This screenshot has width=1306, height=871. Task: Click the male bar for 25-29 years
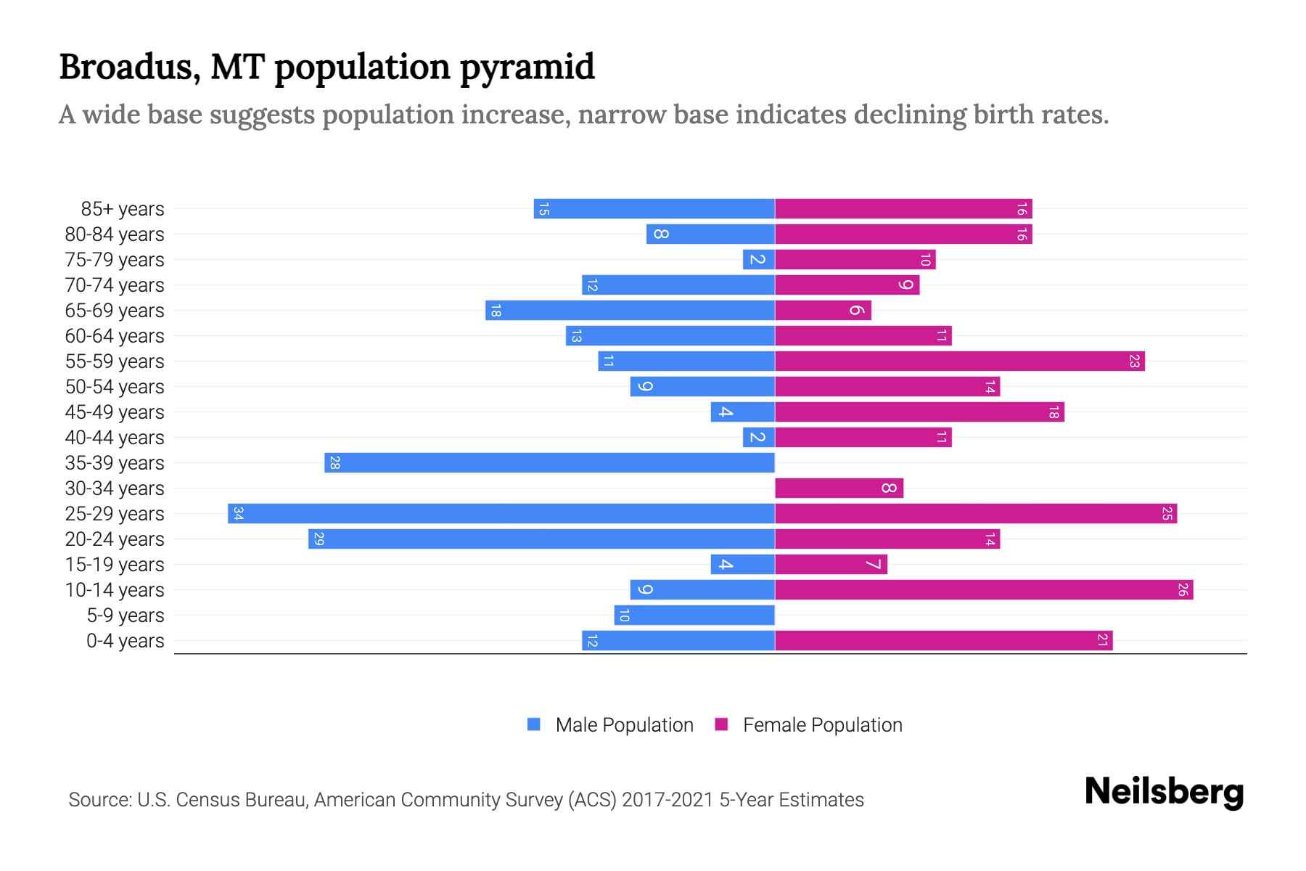[x=501, y=514]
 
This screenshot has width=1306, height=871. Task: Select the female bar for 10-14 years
[x=983, y=590]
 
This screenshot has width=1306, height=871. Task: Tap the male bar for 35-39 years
[x=549, y=463]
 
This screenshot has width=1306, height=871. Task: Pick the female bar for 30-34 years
[x=838, y=488]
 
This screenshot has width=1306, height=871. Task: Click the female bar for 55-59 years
[x=959, y=361]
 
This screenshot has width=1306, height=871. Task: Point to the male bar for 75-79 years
[x=758, y=260]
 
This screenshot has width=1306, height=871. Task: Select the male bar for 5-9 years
[x=694, y=616]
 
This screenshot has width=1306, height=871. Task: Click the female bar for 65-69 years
[x=823, y=311]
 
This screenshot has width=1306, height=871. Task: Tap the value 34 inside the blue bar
[x=238, y=514]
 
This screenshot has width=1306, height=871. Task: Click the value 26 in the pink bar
[x=1183, y=590]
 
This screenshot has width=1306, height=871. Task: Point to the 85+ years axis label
[x=122, y=209]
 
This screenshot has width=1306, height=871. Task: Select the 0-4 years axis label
[x=125, y=641]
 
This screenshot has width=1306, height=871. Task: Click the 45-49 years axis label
[x=115, y=412]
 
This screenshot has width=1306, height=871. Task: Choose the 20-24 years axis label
[x=115, y=539]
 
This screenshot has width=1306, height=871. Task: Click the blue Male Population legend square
[x=534, y=724]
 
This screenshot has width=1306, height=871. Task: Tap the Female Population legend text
[x=822, y=725]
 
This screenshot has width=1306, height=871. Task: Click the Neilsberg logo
[x=1164, y=792]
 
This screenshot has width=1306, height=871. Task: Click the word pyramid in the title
[x=527, y=68]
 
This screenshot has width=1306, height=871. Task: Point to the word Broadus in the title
[x=129, y=67]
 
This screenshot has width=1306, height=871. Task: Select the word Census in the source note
[x=206, y=800]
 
